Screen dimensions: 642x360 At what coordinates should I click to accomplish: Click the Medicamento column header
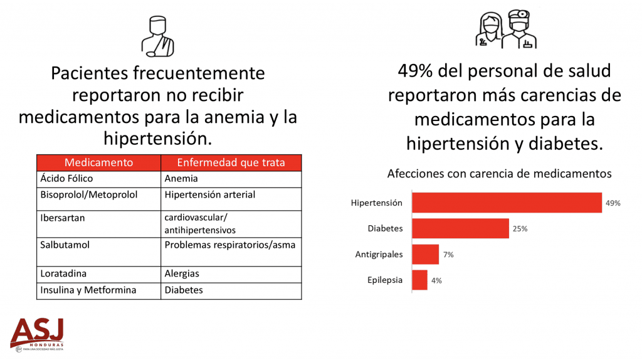point(98,162)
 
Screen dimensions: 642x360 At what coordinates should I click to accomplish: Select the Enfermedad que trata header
point(231,162)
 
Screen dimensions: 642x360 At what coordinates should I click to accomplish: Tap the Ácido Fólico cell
point(98,179)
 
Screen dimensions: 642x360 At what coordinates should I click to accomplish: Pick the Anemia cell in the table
point(231,179)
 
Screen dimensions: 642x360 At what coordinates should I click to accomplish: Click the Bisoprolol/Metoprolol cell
point(98,199)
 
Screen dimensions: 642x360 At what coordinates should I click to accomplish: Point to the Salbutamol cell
point(98,252)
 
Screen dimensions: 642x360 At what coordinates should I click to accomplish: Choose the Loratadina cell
point(98,275)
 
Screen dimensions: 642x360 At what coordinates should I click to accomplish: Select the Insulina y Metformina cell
point(98,291)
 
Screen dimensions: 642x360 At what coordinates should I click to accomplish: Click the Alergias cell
point(231,275)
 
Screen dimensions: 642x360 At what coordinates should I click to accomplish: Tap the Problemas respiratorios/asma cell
point(231,252)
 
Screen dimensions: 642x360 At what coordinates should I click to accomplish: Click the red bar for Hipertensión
point(507,203)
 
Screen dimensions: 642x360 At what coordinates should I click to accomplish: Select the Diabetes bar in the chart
point(461,228)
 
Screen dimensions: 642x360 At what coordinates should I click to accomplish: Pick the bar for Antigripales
point(426,255)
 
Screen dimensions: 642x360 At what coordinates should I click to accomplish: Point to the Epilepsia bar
point(419,280)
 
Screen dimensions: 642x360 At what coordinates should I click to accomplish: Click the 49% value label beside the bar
point(613,203)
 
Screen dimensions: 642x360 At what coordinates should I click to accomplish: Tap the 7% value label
point(448,255)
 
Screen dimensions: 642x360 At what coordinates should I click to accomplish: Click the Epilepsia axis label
point(385,280)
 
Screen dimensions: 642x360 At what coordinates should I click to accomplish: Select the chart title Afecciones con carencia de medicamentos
point(499,174)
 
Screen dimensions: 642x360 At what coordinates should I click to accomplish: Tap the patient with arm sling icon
point(157,36)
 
